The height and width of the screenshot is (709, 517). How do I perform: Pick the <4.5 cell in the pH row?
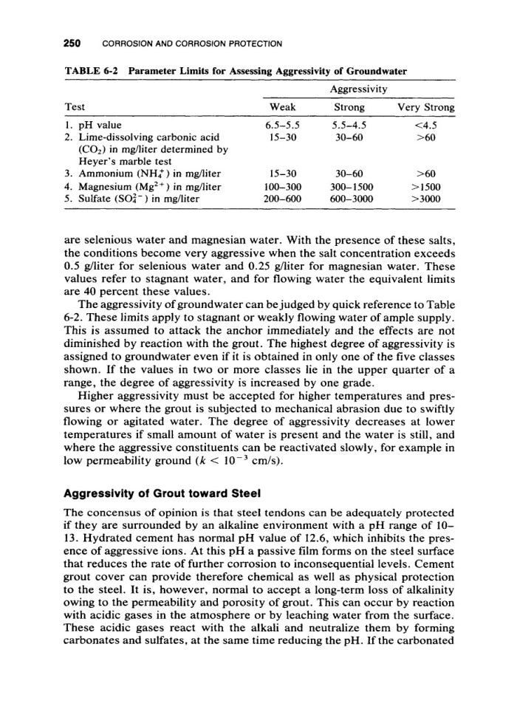click(x=425, y=126)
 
